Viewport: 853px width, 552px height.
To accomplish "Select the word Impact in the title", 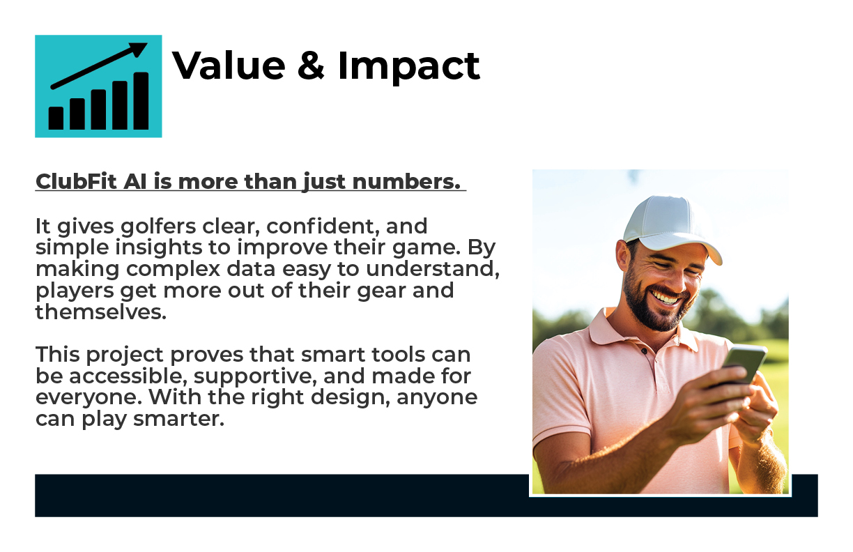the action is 408,68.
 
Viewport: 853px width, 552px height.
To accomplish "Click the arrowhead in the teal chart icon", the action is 138,49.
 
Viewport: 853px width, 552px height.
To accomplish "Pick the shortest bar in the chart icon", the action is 56,118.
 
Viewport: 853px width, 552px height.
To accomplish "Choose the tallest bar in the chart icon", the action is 141,101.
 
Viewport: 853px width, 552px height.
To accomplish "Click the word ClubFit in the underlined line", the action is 76,181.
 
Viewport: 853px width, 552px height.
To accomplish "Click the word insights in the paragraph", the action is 158,247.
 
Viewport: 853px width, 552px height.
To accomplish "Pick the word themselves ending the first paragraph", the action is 101,312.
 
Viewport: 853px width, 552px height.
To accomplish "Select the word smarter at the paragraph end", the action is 178,419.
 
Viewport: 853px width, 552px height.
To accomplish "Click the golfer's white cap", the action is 670,227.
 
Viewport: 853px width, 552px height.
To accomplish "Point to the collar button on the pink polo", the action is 645,351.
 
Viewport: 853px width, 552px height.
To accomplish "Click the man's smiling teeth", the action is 665,297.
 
